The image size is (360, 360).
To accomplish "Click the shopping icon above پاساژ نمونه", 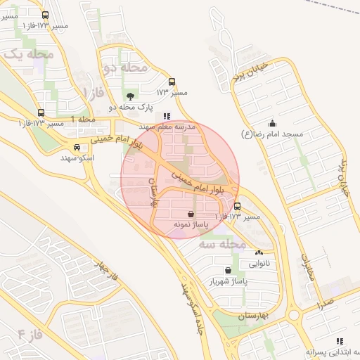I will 191,213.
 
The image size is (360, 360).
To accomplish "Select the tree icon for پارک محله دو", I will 130,96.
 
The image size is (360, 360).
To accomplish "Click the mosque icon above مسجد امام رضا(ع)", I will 272,124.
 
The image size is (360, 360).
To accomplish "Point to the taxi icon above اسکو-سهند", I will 76,148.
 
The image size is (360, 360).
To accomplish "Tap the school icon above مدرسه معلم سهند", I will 167,116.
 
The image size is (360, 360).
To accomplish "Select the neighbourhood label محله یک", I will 29,53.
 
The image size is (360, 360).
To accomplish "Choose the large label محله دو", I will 125,67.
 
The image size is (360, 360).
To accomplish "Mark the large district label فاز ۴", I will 32,333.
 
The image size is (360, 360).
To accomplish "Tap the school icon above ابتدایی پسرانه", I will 341,341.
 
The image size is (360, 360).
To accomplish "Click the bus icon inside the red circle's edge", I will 238,207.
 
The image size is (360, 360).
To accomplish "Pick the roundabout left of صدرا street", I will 294,314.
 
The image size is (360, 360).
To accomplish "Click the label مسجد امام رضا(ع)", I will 272,134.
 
